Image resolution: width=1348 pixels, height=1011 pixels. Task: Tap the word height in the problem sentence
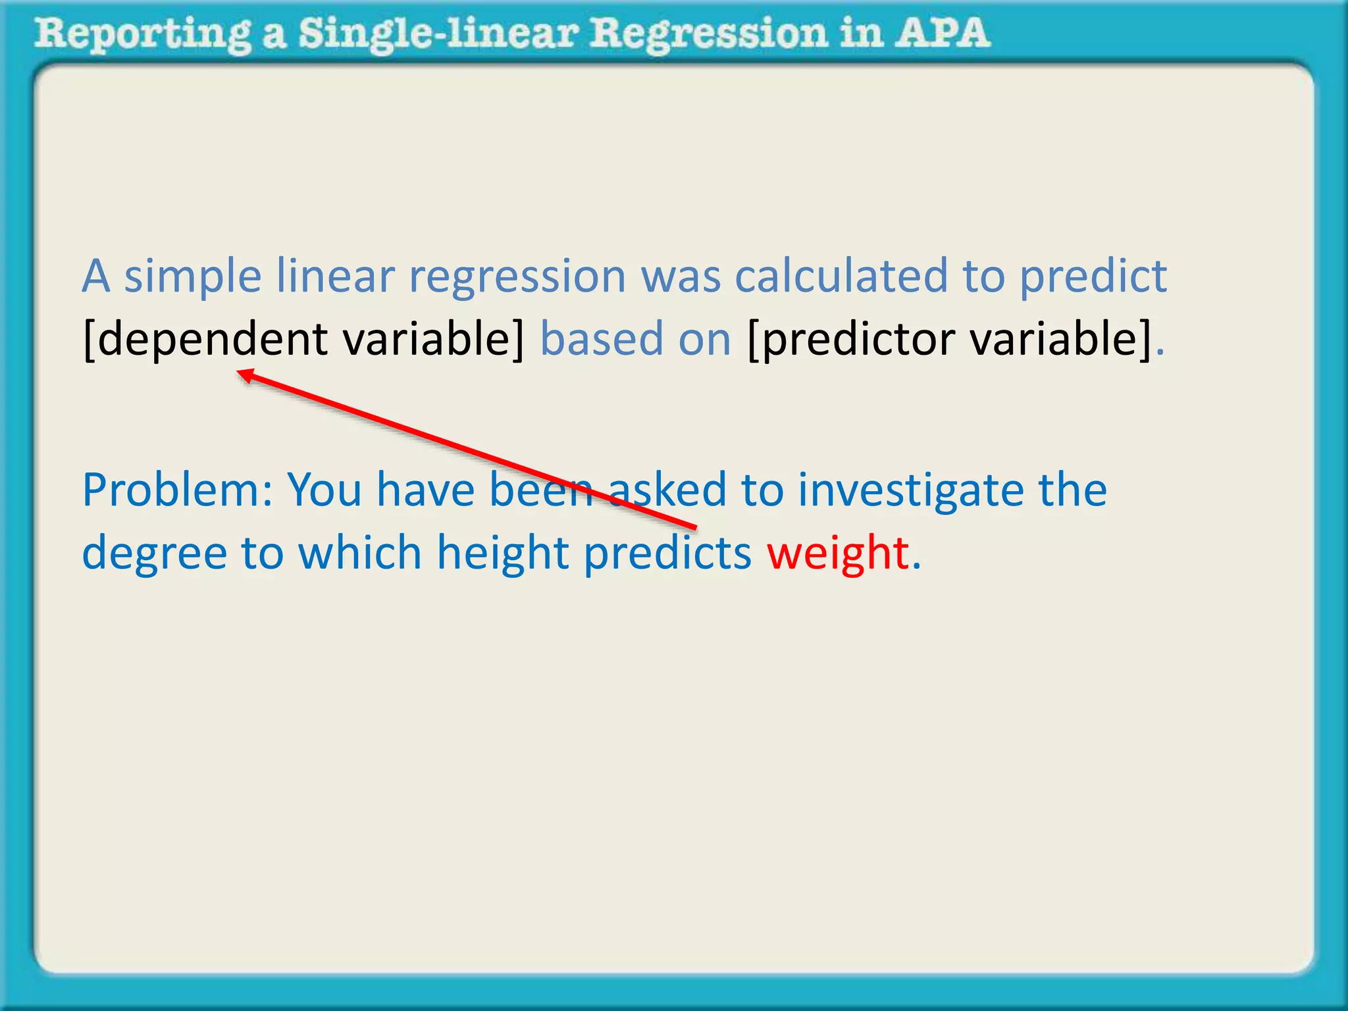click(x=503, y=554)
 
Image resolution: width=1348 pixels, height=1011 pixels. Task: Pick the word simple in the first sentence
click(x=193, y=277)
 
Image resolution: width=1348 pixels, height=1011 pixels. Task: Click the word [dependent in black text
click(x=205, y=340)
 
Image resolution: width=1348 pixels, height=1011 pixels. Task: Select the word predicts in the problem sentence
click(x=667, y=554)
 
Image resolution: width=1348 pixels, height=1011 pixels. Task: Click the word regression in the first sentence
click(x=517, y=277)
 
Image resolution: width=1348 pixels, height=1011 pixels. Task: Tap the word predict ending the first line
click(x=1093, y=277)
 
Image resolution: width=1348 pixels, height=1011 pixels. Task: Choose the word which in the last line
click(x=359, y=552)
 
